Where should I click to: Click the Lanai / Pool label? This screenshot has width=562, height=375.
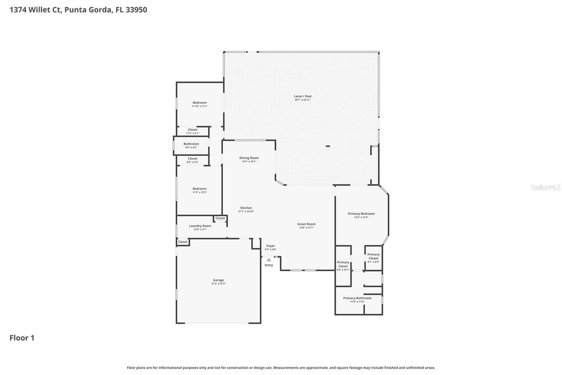(x=303, y=96)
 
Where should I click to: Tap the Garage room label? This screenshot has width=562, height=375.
(x=218, y=280)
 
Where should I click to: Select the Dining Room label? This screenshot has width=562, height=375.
(x=249, y=158)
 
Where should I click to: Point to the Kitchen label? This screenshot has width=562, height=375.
(x=246, y=208)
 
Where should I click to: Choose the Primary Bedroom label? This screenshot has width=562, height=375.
(x=361, y=214)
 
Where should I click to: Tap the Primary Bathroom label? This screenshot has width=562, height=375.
(x=357, y=298)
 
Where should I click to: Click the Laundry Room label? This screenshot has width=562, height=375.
(x=200, y=226)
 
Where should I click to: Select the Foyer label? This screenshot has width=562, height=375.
(x=270, y=246)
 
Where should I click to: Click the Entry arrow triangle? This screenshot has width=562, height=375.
(x=269, y=260)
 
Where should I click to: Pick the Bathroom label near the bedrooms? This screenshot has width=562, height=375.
(x=191, y=144)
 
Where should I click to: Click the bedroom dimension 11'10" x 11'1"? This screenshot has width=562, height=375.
(x=200, y=106)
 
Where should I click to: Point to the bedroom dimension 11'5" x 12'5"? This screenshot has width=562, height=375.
(x=199, y=193)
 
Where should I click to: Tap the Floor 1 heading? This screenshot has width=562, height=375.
(x=22, y=338)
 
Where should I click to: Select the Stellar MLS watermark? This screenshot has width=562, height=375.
(x=545, y=187)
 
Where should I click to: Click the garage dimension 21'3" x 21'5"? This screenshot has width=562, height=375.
(x=218, y=284)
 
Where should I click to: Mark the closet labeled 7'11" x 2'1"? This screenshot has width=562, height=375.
(x=192, y=133)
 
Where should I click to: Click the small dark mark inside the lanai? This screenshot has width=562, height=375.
(x=328, y=146)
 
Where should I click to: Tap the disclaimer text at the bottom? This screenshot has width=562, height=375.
(x=281, y=368)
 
